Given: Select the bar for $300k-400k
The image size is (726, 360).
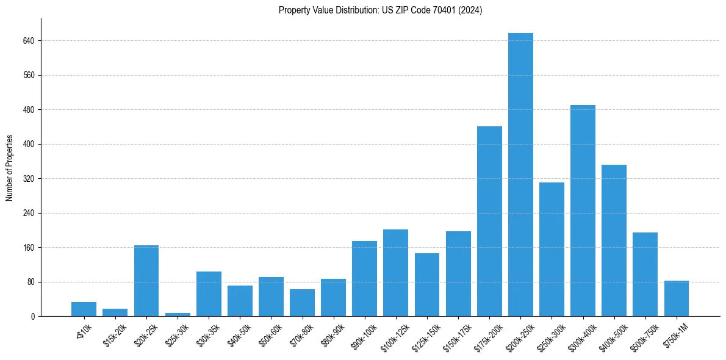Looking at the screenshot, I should [x=583, y=211].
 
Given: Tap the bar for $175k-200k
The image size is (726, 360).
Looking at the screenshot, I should [x=489, y=221].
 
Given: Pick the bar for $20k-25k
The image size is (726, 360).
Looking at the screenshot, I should [x=146, y=281].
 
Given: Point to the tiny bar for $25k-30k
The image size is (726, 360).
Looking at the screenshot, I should [x=178, y=314].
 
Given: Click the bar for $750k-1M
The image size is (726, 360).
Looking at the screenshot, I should [x=676, y=298].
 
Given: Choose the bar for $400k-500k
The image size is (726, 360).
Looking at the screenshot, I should [x=614, y=240].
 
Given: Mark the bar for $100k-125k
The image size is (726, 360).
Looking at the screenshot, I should [x=395, y=273].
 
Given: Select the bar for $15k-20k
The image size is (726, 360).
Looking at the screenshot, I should [x=115, y=312].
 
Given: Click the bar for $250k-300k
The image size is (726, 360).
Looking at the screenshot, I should [x=552, y=249].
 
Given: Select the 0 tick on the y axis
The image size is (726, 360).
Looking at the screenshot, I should [x=34, y=317].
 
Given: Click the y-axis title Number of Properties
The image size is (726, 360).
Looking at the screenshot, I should [x=10, y=168].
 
